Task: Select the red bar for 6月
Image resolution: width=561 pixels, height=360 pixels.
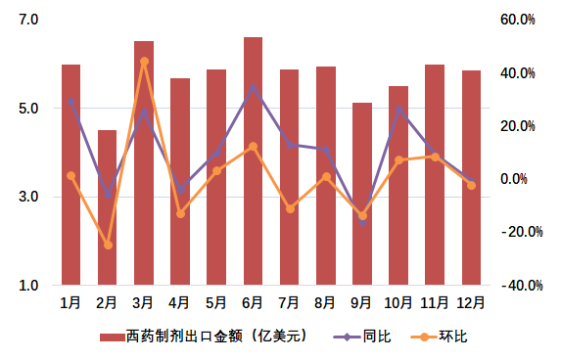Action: (x=253, y=161)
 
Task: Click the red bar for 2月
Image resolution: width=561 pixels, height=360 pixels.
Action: (x=108, y=207)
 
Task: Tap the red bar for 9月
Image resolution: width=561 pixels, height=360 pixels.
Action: (x=362, y=194)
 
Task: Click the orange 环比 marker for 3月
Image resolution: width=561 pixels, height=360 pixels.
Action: (x=144, y=62)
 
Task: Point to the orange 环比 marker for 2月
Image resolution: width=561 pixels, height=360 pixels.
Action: (x=108, y=246)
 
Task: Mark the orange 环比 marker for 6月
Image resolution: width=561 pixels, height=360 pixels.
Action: (x=253, y=147)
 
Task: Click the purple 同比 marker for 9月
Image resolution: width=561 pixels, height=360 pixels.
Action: (x=362, y=222)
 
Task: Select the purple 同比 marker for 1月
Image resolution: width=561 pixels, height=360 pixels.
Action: (x=71, y=101)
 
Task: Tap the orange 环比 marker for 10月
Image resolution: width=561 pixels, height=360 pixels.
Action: (x=398, y=159)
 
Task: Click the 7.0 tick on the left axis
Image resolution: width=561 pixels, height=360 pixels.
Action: (x=27, y=20)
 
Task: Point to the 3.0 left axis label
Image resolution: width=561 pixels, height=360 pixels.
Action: (x=27, y=198)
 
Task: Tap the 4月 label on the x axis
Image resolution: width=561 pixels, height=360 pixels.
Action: (x=180, y=302)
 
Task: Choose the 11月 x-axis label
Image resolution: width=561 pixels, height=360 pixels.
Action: (x=435, y=302)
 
